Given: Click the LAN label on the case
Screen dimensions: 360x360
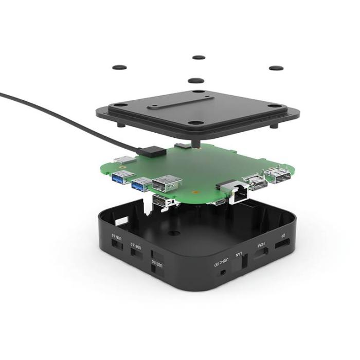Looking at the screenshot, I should point(239,254).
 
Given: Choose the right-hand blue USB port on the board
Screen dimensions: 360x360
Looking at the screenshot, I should point(139,183).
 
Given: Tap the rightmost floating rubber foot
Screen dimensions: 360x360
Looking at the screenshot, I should point(276,68).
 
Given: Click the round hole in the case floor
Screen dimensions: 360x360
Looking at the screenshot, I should point(170,232).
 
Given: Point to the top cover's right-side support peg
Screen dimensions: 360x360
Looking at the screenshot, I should point(275,124).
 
